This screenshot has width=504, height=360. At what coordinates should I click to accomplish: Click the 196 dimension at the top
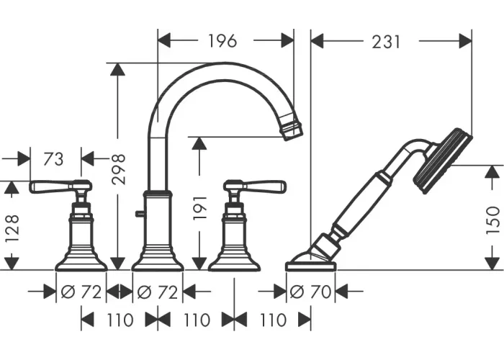(x=222, y=41)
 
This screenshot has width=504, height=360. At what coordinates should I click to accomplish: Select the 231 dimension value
(x=386, y=42)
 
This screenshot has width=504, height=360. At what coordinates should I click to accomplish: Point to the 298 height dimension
(x=118, y=169)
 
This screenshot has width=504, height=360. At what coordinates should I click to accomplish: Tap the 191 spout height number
(x=199, y=208)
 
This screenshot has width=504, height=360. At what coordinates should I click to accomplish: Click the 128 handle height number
(x=12, y=228)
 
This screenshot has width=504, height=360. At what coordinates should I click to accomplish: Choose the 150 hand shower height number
(x=492, y=220)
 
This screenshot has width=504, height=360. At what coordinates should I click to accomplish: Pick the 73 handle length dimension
(x=53, y=159)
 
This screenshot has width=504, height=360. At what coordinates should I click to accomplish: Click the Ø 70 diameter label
(x=310, y=292)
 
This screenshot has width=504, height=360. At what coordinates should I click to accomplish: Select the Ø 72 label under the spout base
(x=158, y=292)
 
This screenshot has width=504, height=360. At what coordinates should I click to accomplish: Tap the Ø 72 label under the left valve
(x=81, y=292)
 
